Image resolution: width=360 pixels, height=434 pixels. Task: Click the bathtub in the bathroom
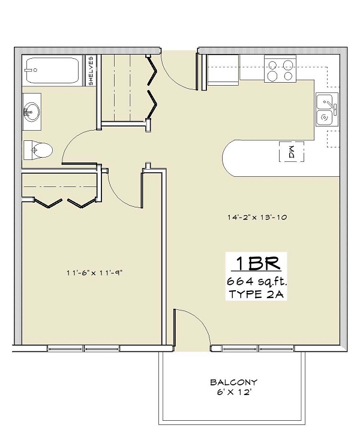tap(53, 71)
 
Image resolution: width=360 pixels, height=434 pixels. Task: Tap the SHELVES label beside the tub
tap(91, 71)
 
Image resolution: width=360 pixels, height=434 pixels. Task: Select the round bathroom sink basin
tap(31, 112)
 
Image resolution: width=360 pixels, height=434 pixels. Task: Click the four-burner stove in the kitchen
tap(280, 69)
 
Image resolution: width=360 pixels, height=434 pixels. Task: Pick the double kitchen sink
tap(327, 109)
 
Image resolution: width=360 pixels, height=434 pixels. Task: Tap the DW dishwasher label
tap(291, 152)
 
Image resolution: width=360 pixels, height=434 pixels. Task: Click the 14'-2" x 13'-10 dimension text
tap(257, 217)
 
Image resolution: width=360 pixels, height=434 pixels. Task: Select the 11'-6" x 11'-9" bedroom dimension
tap(94, 273)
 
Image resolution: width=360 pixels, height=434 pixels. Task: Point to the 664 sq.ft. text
tap(257, 282)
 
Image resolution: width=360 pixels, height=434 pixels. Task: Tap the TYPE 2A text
tap(256, 294)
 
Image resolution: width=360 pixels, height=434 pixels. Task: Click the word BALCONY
tap(233, 382)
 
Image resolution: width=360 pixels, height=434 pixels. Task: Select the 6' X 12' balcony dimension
tap(234, 392)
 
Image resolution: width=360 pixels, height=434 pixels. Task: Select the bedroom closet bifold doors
tap(65, 203)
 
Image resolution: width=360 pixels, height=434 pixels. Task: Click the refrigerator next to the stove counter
tap(223, 70)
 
